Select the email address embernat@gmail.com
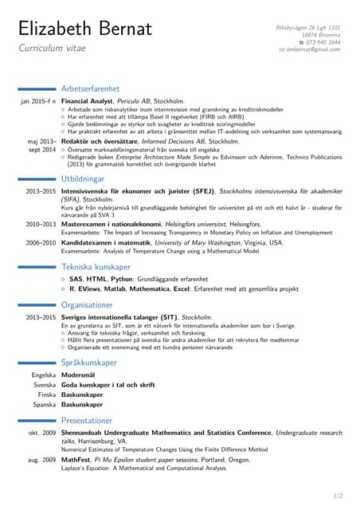(x=313, y=49)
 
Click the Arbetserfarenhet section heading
(x=92, y=88)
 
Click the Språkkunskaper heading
(x=88, y=363)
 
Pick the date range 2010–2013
(x=40, y=225)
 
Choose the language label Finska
(x=46, y=394)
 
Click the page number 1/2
(x=337, y=496)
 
